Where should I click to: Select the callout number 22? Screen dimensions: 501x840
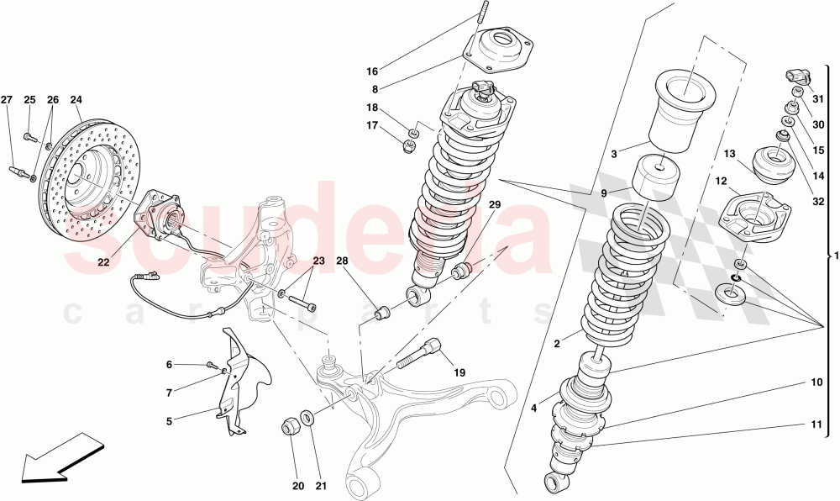coord(103,262)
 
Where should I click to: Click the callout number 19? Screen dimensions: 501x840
coord(459,372)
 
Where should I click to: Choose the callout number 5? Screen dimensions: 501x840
coord(169,420)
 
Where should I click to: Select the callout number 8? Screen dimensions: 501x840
coord(375,88)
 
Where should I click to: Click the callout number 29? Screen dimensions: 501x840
coord(495,205)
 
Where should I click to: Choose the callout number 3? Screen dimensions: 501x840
coord(613,154)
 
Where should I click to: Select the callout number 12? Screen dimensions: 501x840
coord(722,180)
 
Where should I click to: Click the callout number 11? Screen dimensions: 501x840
coord(816,425)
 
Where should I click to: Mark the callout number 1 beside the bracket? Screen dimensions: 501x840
coord(835,256)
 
